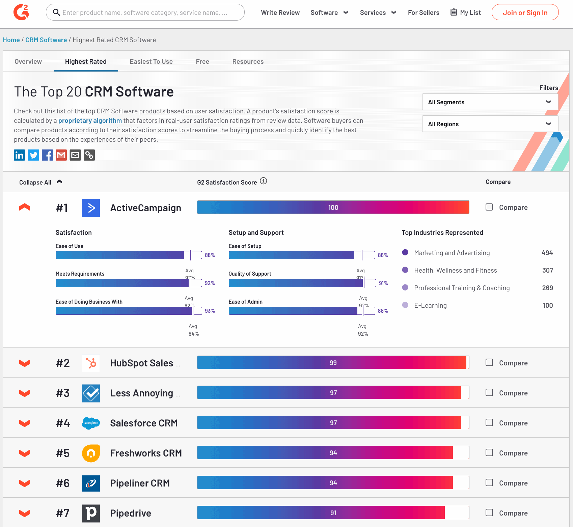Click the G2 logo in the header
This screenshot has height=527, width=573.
point(21,12)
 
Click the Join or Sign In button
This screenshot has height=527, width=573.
point(525,12)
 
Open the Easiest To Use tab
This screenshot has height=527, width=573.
point(151,61)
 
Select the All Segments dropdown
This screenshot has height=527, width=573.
point(490,102)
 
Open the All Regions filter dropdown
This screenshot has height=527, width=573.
point(490,124)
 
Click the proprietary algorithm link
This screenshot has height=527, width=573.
point(90,120)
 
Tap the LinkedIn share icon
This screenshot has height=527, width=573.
point(19,155)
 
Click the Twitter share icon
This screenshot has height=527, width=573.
point(33,155)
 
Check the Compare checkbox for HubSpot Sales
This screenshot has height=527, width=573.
point(489,362)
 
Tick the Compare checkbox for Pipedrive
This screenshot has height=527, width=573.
point(489,512)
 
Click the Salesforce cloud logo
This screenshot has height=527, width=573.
point(91,423)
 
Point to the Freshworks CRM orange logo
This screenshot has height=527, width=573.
point(91,453)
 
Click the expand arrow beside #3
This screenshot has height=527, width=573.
point(25,393)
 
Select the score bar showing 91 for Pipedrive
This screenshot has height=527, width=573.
point(333,512)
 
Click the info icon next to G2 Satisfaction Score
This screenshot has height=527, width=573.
point(264,181)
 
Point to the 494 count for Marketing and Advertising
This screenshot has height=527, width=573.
point(547,253)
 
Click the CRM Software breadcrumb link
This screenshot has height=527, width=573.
point(46,40)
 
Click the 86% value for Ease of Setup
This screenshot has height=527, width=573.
point(383,255)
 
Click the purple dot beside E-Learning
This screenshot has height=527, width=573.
point(405,305)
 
